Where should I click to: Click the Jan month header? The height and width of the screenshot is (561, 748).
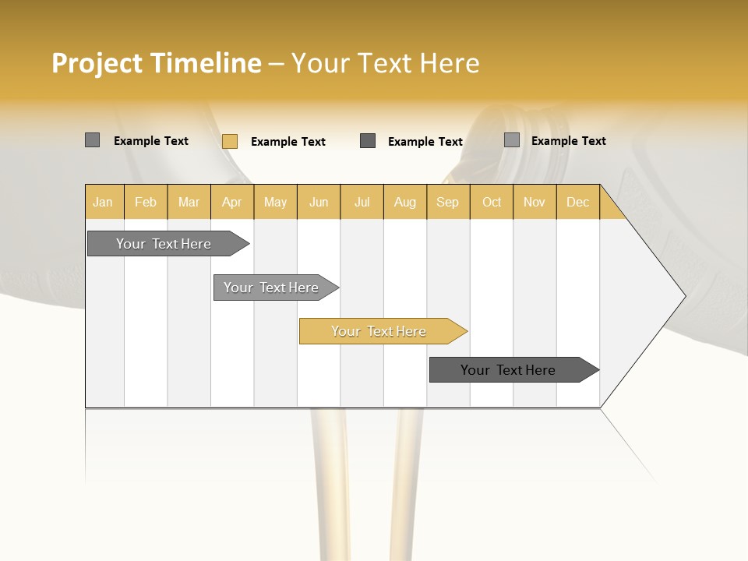(104, 202)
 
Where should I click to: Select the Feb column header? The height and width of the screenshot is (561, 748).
(146, 202)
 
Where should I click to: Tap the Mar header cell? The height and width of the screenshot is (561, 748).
(189, 202)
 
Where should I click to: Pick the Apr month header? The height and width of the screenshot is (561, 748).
(232, 202)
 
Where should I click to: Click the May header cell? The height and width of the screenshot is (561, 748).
(275, 202)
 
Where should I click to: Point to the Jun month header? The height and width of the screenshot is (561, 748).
(319, 202)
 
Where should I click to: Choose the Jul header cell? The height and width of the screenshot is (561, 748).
(362, 202)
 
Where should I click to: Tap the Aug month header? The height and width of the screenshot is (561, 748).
(405, 202)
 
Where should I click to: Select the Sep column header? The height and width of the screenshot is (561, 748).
(448, 202)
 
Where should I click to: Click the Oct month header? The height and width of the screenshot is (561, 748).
(492, 202)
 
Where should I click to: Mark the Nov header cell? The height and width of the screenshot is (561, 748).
(535, 202)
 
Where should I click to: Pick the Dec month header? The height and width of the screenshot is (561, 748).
(578, 202)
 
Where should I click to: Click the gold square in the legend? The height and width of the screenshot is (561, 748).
(229, 141)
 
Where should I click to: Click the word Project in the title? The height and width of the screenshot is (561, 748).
(97, 63)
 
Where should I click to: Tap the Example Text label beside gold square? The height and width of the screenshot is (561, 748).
(288, 142)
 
